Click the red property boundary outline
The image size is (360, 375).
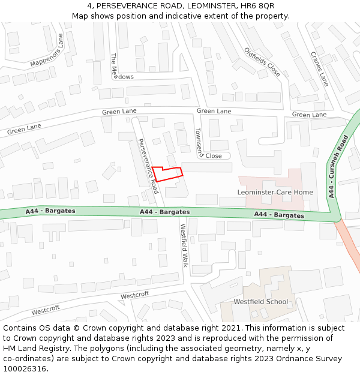167,174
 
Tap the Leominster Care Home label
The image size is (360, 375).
275,192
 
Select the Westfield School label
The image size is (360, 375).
260,302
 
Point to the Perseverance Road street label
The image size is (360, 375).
148,166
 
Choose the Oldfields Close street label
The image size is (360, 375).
262,62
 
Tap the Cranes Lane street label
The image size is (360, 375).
319,68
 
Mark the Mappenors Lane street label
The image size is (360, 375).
47,52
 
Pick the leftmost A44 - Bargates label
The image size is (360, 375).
50,211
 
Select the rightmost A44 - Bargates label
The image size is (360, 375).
279,215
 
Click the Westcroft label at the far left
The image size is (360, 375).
46,310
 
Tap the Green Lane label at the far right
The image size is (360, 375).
309,115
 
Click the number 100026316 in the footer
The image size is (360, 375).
25,368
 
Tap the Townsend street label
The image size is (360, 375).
199,142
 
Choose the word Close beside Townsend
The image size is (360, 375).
214,156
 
